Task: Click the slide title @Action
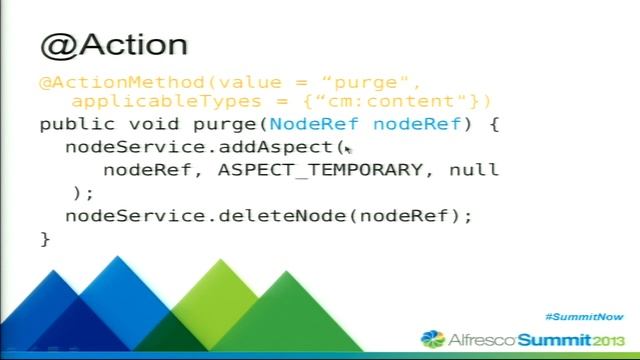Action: tap(113, 45)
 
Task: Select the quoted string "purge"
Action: tap(379, 82)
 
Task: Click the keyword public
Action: tap(72, 125)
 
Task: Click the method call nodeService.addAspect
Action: tap(199, 147)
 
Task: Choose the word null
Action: tap(474, 169)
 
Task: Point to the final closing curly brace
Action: tap(45, 238)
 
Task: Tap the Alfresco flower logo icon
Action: tap(432, 339)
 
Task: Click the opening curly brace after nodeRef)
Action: tap(493, 125)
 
